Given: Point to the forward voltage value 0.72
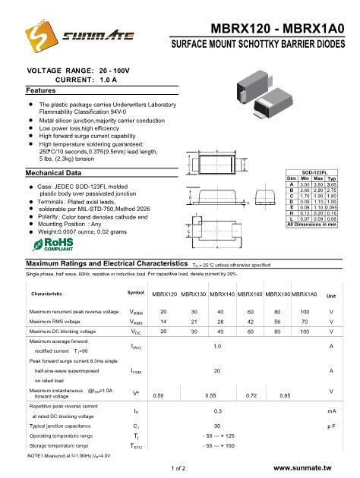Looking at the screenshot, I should coord(250,395).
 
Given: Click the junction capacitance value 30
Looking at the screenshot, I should coord(218,426).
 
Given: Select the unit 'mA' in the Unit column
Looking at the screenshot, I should coord(331,410).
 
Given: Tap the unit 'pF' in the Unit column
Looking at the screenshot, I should coord(331,426).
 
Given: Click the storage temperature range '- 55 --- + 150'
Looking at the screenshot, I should coord(218,447).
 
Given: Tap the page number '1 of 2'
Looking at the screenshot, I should coord(180,470).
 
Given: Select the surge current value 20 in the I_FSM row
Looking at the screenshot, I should coord(218,370).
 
